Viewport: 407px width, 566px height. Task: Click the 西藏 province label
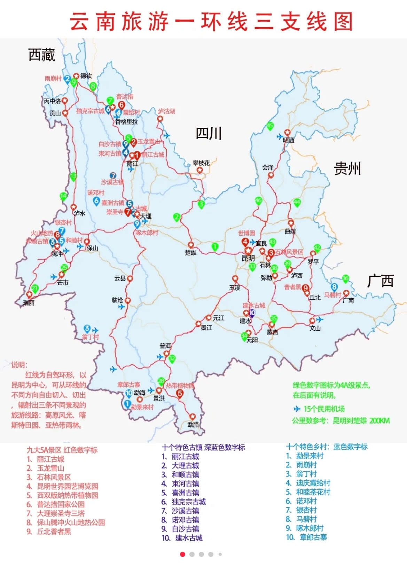click(42, 55)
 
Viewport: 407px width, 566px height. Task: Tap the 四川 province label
click(209, 133)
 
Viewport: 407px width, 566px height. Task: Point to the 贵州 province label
click(347, 168)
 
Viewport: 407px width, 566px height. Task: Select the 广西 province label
click(380, 281)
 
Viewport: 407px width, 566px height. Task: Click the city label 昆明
click(248, 258)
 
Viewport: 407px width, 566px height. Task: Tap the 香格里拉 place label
click(126, 122)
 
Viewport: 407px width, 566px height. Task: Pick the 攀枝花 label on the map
click(201, 163)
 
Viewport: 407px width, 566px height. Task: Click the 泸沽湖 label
click(166, 111)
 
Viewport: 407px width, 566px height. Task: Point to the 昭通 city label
click(289, 140)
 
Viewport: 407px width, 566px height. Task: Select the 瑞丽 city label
click(29, 303)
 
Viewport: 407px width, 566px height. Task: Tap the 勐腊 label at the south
click(193, 425)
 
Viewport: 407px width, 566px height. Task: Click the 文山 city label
click(315, 328)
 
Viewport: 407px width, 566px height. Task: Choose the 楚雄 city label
click(191, 253)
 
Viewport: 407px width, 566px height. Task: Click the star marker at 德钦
click(76, 76)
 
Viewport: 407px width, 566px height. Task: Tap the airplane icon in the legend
click(297, 409)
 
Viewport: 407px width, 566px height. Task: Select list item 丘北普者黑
click(54, 532)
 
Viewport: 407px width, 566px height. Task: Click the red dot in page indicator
click(182, 554)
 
